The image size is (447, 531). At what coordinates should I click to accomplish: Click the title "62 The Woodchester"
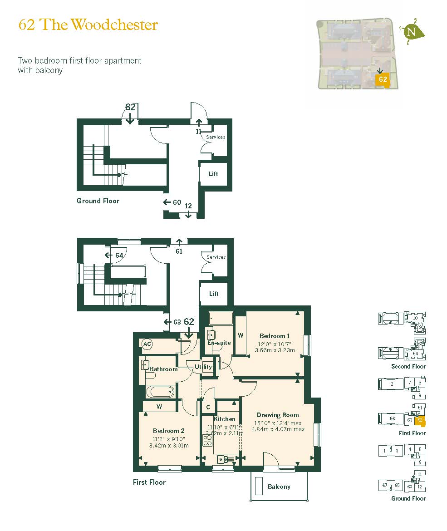(88, 25)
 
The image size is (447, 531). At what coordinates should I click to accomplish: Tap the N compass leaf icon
(413, 32)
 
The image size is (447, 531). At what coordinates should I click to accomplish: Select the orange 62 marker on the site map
(383, 79)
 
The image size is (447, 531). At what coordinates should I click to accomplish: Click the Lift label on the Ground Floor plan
(213, 174)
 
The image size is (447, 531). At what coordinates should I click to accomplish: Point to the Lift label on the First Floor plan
(214, 294)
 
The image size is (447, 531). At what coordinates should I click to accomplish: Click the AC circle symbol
(147, 344)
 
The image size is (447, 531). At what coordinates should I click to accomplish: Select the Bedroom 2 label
(168, 431)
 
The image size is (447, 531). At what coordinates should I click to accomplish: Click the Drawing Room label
(278, 415)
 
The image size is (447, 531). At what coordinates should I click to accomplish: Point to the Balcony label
(279, 487)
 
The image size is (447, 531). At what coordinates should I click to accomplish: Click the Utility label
(203, 367)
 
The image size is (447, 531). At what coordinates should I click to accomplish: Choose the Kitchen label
(225, 419)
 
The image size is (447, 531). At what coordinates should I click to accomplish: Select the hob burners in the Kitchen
(207, 441)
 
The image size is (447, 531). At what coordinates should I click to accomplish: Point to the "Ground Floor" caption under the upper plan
(98, 201)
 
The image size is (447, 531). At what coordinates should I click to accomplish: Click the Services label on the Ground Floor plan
(216, 137)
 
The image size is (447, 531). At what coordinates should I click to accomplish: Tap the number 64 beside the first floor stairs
(119, 256)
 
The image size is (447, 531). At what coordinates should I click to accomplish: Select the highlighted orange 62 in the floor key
(420, 420)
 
